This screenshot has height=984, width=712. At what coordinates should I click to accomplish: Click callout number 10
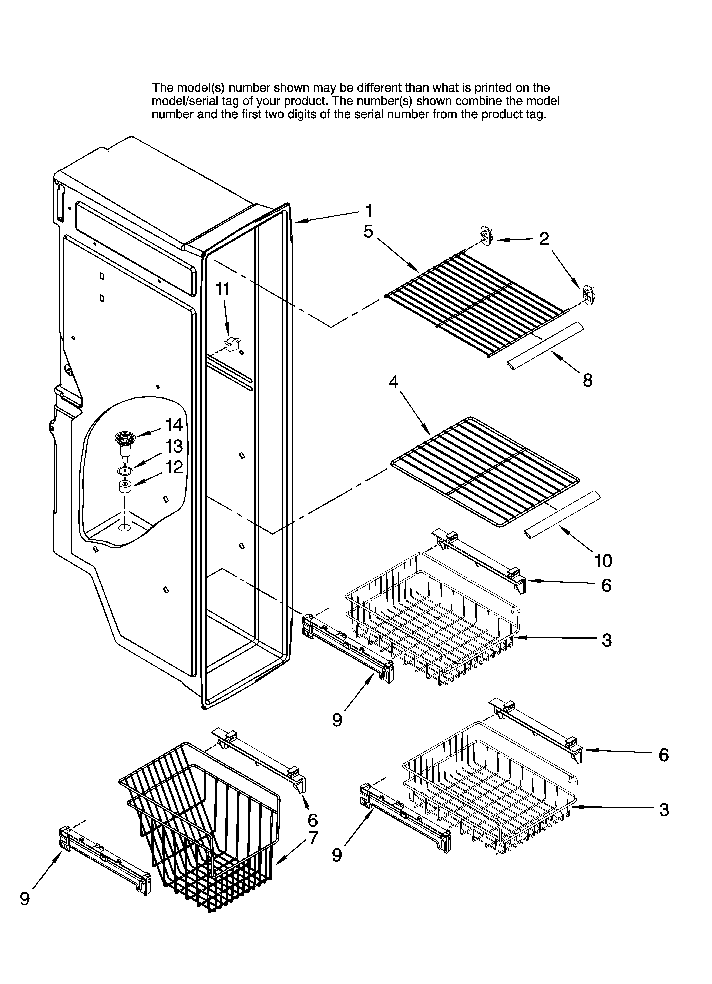(603, 561)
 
